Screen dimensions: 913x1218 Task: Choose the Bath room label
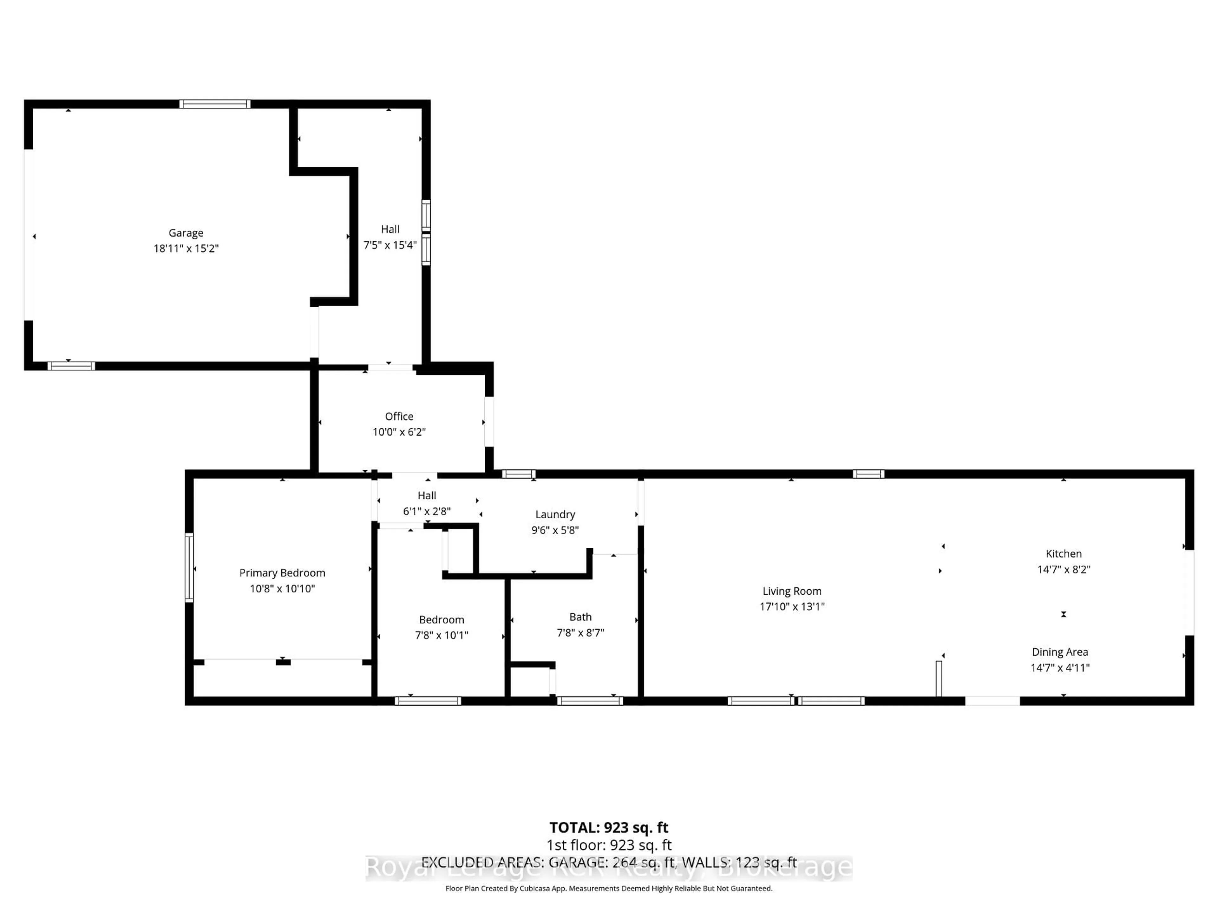tap(580, 617)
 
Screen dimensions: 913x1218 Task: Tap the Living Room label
tap(791, 591)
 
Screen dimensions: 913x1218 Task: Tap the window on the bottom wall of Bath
tap(590, 701)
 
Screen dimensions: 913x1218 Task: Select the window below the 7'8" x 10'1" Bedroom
tap(428, 701)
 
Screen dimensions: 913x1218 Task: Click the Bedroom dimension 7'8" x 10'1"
tap(441, 635)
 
